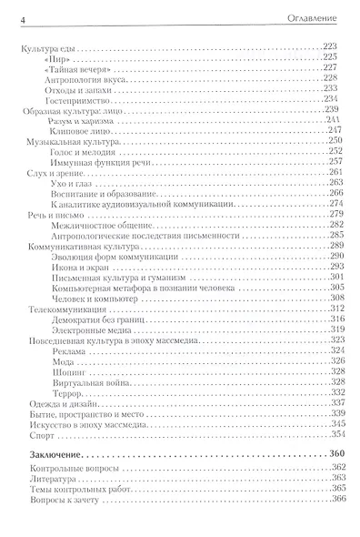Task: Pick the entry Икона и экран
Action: tap(71, 267)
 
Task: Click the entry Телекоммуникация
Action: tap(58, 309)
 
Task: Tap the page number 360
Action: tap(339, 453)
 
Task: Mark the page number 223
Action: tap(340, 46)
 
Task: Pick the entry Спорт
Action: tap(33, 434)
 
